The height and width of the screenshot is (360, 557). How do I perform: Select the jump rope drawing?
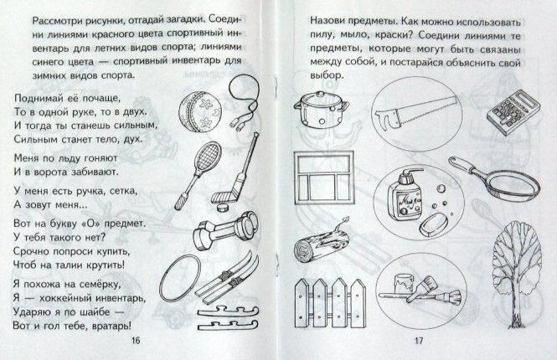click(240, 107)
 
